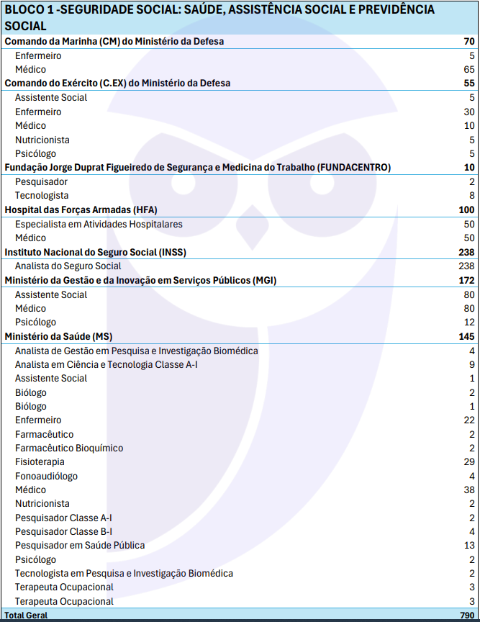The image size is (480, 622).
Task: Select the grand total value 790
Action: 466,616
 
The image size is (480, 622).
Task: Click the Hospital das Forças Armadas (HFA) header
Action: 81,210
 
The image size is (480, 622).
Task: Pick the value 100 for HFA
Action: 466,210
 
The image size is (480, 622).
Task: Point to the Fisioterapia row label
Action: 40,462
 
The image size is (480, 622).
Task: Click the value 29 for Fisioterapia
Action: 469,462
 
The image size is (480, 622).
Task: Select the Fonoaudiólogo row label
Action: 46,477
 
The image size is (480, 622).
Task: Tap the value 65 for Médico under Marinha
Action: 469,70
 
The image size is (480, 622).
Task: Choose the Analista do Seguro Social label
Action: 68,266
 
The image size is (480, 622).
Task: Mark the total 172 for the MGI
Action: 466,280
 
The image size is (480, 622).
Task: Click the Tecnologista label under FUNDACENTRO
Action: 42,196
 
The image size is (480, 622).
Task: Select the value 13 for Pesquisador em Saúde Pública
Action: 469,546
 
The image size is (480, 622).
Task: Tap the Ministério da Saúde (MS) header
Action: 58,336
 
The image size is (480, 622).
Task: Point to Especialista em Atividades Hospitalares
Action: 99,224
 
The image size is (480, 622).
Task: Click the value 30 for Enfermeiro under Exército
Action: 469,112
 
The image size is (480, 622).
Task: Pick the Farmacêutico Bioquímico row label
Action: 69,449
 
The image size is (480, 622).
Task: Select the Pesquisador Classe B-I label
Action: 63,532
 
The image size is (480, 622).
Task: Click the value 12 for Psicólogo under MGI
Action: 469,323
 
